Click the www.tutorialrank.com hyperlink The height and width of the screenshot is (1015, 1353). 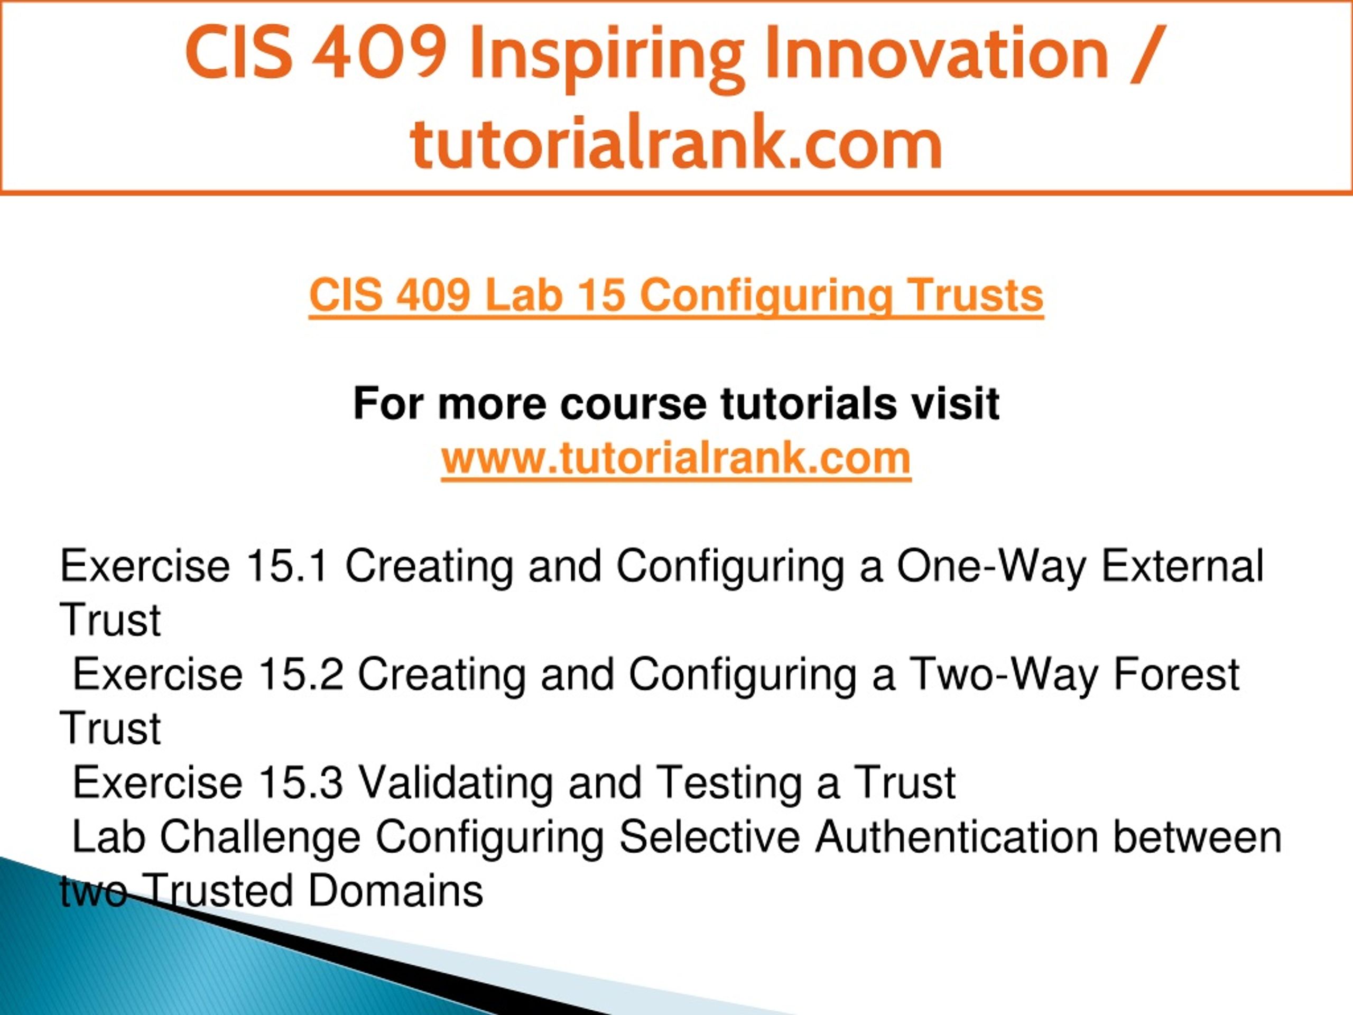(676, 458)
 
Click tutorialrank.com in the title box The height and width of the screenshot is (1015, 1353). (676, 142)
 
